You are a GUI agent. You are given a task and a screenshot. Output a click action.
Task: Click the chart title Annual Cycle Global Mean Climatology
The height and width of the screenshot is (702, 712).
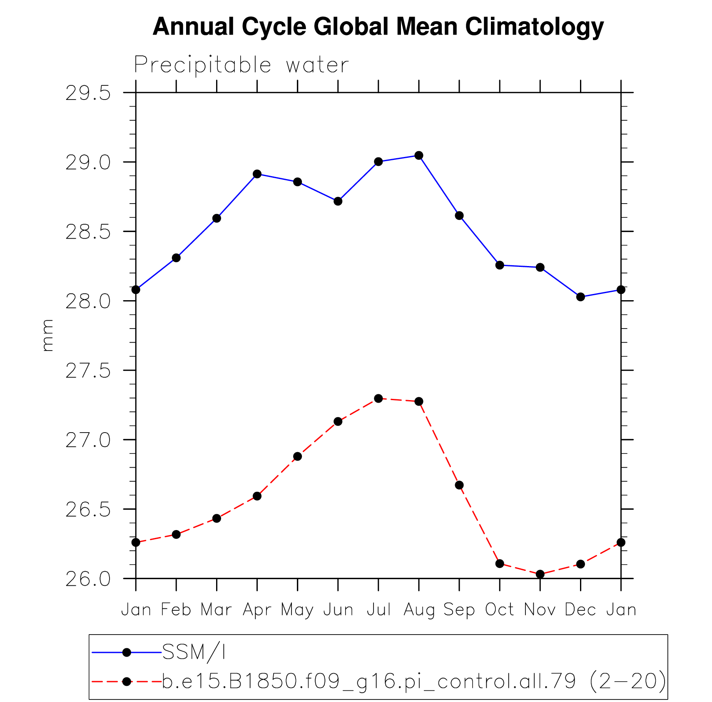[378, 27]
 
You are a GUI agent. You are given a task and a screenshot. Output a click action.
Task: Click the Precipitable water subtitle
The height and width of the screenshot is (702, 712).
[241, 65]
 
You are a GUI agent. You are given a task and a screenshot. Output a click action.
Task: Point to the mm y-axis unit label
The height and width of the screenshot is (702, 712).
[47, 335]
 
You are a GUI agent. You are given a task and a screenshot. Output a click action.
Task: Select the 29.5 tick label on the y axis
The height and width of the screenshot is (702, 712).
[88, 93]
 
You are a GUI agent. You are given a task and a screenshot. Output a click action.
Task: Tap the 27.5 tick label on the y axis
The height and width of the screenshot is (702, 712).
[88, 371]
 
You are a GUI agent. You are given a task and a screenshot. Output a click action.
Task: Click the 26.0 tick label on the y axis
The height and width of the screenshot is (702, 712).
[88, 579]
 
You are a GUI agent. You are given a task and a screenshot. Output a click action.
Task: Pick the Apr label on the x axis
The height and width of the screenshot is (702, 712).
[257, 610]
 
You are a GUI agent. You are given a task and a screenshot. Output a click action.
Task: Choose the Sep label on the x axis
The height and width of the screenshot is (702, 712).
[459, 610]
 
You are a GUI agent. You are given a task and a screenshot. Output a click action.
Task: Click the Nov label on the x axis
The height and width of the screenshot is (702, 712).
[540, 610]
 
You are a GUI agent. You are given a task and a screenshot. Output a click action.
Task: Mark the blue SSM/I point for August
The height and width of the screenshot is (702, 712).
[419, 155]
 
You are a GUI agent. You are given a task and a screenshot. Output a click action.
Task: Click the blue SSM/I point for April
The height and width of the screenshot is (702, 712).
[257, 174]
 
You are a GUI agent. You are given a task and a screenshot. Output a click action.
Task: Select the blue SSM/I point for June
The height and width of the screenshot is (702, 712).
[338, 201]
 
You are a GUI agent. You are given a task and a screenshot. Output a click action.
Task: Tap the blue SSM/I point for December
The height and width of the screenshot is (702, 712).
[580, 297]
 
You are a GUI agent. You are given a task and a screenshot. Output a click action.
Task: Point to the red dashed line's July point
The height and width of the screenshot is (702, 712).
[378, 398]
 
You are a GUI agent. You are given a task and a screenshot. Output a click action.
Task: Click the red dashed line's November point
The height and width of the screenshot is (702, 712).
[540, 574]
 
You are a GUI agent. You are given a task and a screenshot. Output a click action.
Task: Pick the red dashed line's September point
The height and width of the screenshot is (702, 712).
[459, 485]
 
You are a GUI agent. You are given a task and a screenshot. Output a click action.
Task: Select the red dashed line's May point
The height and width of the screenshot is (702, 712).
[297, 456]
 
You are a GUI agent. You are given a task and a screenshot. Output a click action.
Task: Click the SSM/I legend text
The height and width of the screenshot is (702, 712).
[194, 652]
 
